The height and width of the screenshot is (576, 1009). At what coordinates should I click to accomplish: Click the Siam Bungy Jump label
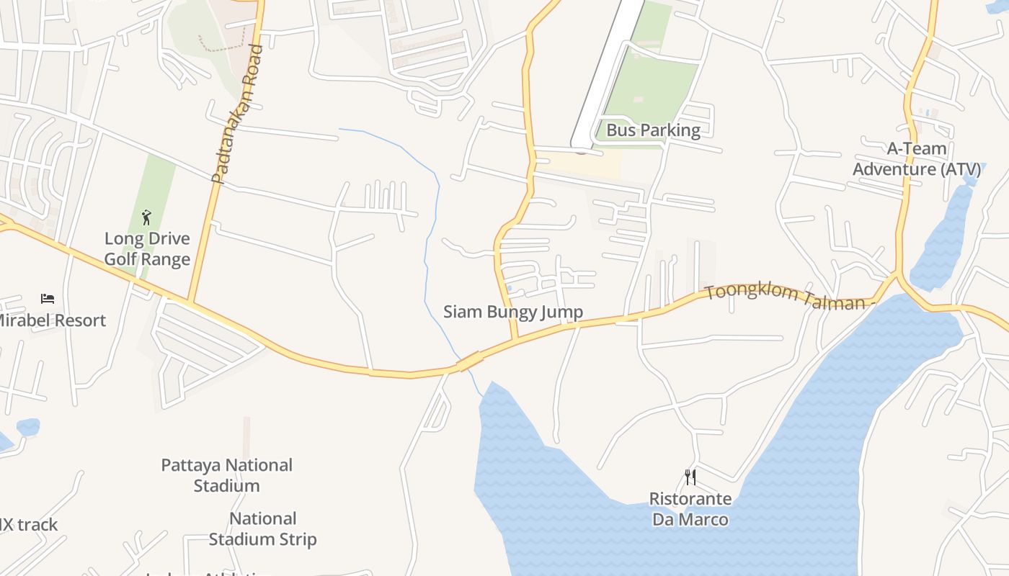pyautogui.click(x=512, y=312)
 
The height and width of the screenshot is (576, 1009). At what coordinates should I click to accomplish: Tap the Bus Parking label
pyautogui.click(x=653, y=130)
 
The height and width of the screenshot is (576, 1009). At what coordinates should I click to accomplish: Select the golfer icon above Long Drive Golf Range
pyautogui.click(x=147, y=217)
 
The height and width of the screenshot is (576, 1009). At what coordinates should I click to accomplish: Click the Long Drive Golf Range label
pyautogui.click(x=147, y=249)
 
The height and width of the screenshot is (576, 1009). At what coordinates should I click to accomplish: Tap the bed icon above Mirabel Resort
pyautogui.click(x=48, y=298)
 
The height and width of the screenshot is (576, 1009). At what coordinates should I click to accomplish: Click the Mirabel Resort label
pyautogui.click(x=50, y=320)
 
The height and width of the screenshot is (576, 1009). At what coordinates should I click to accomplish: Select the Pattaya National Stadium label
pyautogui.click(x=226, y=475)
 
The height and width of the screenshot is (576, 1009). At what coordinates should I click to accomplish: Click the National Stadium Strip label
pyautogui.click(x=262, y=528)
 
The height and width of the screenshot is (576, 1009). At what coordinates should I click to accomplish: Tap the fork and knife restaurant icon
pyautogui.click(x=690, y=477)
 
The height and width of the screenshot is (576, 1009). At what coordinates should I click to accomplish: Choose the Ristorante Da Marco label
pyautogui.click(x=690, y=509)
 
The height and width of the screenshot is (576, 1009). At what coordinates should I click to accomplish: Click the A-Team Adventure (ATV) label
pyautogui.click(x=917, y=159)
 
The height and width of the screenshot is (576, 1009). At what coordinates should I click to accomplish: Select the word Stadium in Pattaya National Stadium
pyautogui.click(x=226, y=486)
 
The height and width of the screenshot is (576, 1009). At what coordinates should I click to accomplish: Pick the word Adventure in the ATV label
pyautogui.click(x=894, y=170)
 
